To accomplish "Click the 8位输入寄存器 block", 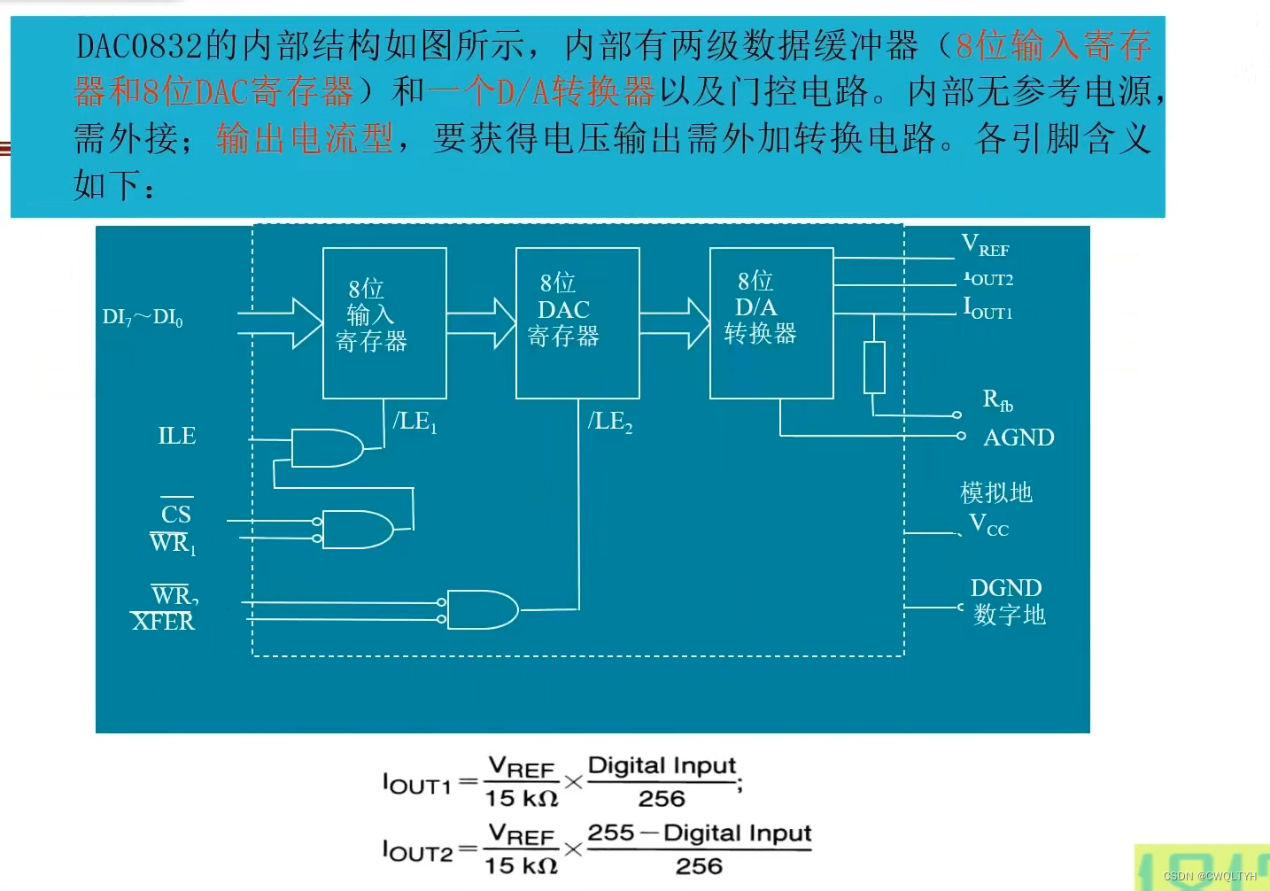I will tap(384, 322).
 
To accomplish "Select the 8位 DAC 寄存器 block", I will tap(577, 322).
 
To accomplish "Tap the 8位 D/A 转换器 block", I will tap(771, 322).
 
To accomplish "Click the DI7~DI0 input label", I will tap(143, 317).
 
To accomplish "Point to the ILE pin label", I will tap(176, 436).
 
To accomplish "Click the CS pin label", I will tap(176, 514).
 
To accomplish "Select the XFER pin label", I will tap(163, 622).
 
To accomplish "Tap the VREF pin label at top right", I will tap(985, 245).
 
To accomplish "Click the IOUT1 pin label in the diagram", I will tap(987, 308).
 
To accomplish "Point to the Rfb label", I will tap(997, 400).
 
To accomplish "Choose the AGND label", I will tap(1018, 438).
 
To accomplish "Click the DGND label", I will tap(1005, 588).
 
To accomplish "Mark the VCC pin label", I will tap(988, 524).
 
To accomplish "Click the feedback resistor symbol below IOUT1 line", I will tap(874, 367).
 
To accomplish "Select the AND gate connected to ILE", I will tap(326, 448).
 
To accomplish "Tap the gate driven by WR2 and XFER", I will tap(482, 609).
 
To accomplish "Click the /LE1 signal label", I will tap(414, 422).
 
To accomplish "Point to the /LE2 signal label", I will tap(610, 422).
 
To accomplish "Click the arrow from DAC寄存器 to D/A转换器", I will tap(674, 323).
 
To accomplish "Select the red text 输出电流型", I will tap(305, 138).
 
